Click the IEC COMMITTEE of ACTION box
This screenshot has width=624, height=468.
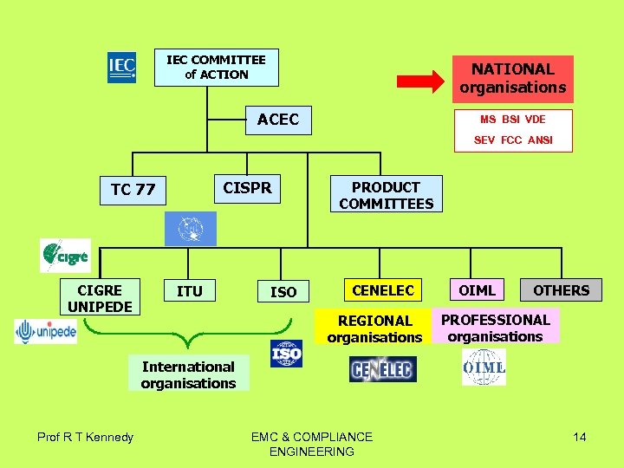(217, 68)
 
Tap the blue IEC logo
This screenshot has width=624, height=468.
(121, 68)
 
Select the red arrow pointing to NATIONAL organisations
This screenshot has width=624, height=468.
(422, 81)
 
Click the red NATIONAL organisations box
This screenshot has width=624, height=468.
(512, 79)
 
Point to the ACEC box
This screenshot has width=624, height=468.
(277, 120)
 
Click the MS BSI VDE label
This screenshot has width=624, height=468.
(513, 119)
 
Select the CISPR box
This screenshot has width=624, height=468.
(247, 188)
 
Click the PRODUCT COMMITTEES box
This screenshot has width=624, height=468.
(386, 195)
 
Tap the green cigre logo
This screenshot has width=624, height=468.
(65, 256)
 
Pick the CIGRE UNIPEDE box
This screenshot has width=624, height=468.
(100, 298)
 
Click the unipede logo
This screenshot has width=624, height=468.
(45, 331)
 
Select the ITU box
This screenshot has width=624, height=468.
(189, 291)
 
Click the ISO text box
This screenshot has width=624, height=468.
(283, 292)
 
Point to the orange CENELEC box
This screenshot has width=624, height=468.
(382, 290)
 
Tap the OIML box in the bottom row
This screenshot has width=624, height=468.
(477, 290)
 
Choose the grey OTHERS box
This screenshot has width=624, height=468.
(561, 290)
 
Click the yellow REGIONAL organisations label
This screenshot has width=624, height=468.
(374, 328)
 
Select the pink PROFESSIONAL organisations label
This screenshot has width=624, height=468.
(495, 328)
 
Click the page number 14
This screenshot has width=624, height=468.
(579, 437)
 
